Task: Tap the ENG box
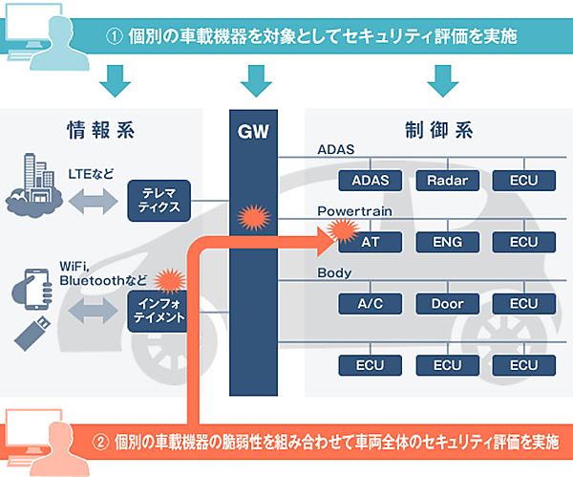pyautogui.click(x=445, y=243)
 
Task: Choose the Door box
pyautogui.click(x=445, y=303)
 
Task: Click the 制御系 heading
pyautogui.click(x=432, y=130)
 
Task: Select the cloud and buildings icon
pyautogui.click(x=34, y=188)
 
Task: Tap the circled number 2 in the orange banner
pyautogui.click(x=100, y=443)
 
